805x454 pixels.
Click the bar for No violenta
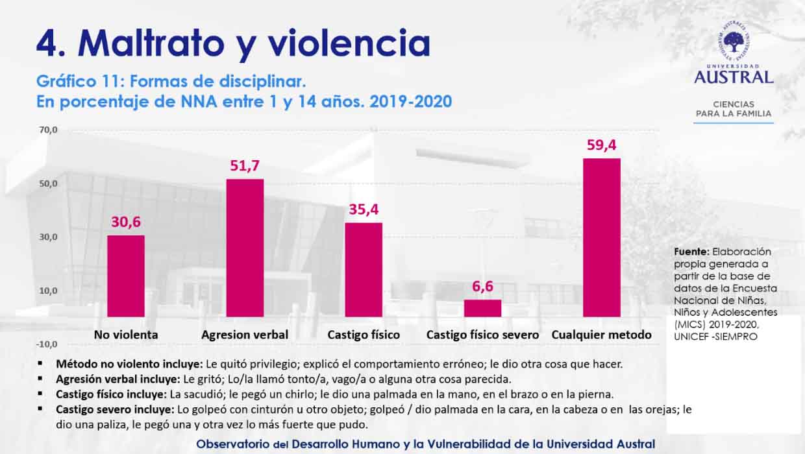click(126, 276)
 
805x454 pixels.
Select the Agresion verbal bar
click(245, 248)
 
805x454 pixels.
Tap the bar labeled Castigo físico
click(364, 269)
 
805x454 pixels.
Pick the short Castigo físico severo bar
click(482, 308)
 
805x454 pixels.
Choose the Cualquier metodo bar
click(602, 237)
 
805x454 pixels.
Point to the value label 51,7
click(245, 166)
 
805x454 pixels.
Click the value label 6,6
click(482, 287)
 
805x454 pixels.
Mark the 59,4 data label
click(602, 145)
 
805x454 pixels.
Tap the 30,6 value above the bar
click(126, 222)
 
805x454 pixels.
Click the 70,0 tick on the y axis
click(49, 130)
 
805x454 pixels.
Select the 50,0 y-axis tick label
click(49, 184)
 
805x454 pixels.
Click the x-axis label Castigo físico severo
click(482, 335)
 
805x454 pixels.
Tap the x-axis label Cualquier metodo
click(602, 335)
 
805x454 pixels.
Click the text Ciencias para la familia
click(734, 108)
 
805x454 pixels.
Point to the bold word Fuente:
click(691, 252)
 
